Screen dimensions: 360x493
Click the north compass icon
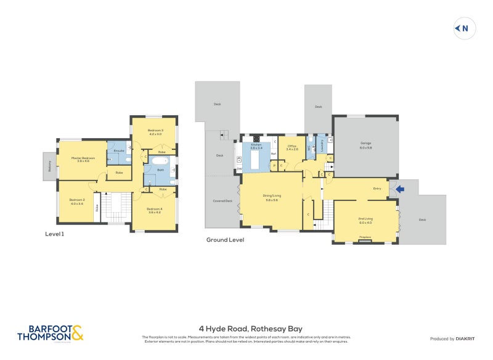pos(463,28)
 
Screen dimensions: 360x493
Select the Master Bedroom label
pos(83,159)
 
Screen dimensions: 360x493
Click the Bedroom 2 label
pos(76,202)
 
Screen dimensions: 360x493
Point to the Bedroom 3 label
pos(155,131)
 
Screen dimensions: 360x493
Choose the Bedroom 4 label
pos(155,210)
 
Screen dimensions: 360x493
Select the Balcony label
pos(47,166)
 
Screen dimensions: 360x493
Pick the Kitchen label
pos(256,146)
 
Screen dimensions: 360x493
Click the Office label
pos(292,147)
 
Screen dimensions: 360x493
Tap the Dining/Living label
pos(272,197)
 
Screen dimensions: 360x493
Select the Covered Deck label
pos(222,201)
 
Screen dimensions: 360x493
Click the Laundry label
pos(322,147)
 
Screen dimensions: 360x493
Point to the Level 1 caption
pos(55,234)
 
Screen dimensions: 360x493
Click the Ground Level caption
pos(225,240)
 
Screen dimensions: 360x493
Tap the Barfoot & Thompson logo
pos(50,333)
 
